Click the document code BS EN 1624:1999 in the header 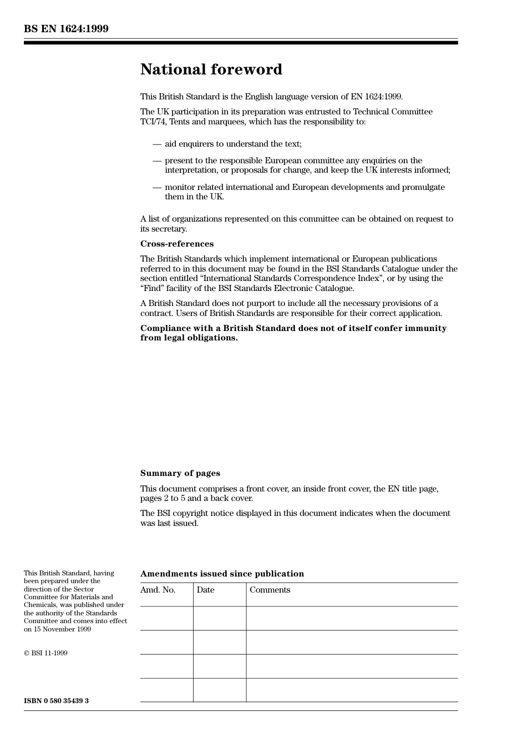point(66,29)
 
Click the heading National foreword point(211,69)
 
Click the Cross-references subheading point(176,244)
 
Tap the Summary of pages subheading point(180,473)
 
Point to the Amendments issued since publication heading point(222,574)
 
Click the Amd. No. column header point(158,590)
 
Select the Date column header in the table point(205,590)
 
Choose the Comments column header point(270,590)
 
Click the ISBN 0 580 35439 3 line point(56,701)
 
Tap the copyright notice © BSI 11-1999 point(45,653)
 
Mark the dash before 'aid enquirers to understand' point(157,144)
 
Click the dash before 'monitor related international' point(157,188)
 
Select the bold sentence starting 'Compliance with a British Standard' point(293,333)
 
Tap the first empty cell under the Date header point(220,618)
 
